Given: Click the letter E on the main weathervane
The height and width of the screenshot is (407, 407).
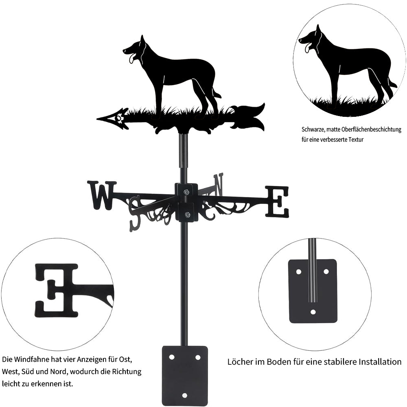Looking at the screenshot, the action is [x=277, y=201].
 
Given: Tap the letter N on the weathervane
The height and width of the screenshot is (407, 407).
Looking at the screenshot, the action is [x=218, y=184].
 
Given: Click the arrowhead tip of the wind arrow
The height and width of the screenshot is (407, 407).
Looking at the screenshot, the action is [x=97, y=119].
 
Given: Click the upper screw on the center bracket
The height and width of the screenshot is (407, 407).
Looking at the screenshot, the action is [x=187, y=192].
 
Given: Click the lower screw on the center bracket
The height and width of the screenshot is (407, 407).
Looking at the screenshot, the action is [x=187, y=214].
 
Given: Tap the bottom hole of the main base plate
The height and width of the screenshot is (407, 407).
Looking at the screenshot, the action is [x=184, y=395].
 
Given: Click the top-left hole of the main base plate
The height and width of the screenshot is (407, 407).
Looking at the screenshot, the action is [x=171, y=357].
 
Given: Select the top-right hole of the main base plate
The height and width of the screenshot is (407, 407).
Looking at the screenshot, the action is [x=198, y=357].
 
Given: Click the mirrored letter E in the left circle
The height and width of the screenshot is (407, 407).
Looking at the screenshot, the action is [x=56, y=290].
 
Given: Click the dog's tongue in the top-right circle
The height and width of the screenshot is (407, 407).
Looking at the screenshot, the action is [x=308, y=48].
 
